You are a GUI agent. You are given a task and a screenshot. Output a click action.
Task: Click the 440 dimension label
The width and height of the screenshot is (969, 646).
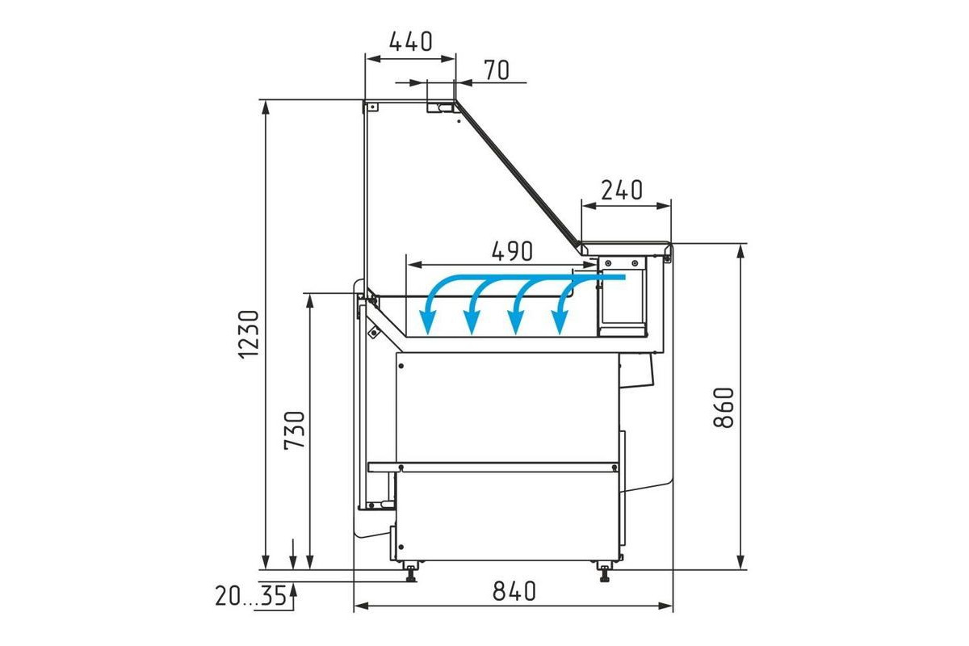pyautogui.click(x=410, y=41)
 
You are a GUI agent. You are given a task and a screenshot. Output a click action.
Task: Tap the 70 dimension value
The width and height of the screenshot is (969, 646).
pyautogui.click(x=497, y=70)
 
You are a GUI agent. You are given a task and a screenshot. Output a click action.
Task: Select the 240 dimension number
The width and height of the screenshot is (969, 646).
pyautogui.click(x=622, y=190)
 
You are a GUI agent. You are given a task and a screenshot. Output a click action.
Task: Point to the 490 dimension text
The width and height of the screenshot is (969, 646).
pyautogui.click(x=512, y=251)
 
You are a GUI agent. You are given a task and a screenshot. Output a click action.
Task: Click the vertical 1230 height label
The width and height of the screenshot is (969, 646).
pyautogui.click(x=250, y=334)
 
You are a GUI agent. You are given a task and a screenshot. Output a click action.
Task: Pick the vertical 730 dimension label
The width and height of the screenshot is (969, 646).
pyautogui.click(x=295, y=430)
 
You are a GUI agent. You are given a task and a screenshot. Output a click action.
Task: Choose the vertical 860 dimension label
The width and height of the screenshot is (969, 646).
pyautogui.click(x=724, y=408)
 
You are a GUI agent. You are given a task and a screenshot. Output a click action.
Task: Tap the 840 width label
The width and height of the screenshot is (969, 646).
pyautogui.click(x=514, y=591)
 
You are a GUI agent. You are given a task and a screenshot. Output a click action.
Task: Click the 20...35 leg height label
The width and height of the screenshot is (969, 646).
pyautogui.click(x=251, y=596)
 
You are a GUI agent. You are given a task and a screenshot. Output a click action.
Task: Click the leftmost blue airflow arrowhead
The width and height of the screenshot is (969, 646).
pyautogui.click(x=428, y=325)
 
